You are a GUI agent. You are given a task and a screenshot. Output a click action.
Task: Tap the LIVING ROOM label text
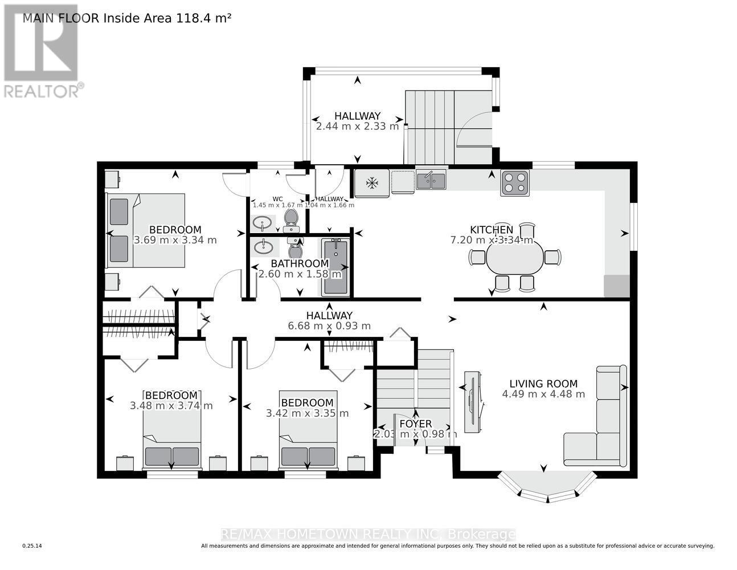coord(543,384)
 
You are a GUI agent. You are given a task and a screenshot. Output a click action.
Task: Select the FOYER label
coord(415,424)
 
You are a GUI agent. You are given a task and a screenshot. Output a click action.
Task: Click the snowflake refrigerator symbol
coord(372,183)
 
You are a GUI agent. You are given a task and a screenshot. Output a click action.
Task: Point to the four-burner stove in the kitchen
coord(515,182)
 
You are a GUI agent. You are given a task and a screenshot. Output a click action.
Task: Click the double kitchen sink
coord(431,181)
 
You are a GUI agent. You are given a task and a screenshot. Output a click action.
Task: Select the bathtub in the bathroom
coord(335,267)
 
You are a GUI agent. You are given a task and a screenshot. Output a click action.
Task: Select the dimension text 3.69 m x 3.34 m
coord(175,241)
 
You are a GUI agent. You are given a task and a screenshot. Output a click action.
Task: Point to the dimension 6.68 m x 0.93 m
coord(329,326)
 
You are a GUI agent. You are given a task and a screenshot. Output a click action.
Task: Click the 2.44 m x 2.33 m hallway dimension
coord(357,127)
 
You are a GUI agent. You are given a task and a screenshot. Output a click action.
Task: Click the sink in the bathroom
coord(263,247)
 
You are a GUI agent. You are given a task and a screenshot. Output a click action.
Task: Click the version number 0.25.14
coord(32,546)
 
